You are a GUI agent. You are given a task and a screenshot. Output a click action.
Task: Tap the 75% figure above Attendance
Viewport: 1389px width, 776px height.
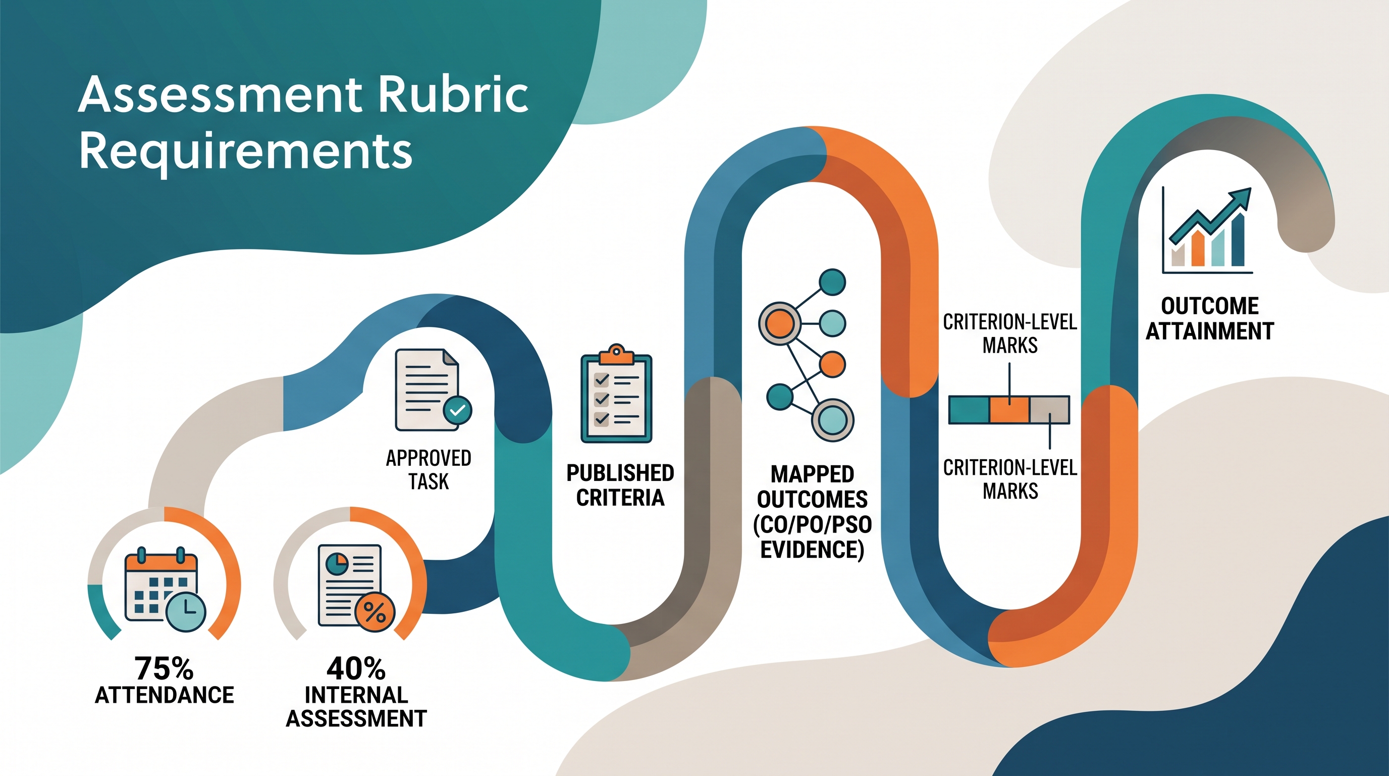(x=164, y=668)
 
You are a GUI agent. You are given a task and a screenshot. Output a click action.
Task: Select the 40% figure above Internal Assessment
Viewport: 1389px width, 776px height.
(x=356, y=668)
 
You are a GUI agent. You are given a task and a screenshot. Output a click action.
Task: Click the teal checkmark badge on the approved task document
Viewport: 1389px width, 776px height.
(x=457, y=410)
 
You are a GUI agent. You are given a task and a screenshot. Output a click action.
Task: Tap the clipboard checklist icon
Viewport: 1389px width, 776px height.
(x=616, y=394)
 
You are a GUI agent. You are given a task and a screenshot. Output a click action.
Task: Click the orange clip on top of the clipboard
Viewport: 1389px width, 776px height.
(x=616, y=354)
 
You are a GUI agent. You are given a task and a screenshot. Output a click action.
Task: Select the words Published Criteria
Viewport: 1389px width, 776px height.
(x=620, y=485)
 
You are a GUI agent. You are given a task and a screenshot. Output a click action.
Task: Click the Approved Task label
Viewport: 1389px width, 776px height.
(x=429, y=469)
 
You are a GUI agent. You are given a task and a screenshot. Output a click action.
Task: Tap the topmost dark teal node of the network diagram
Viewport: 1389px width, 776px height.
(x=832, y=282)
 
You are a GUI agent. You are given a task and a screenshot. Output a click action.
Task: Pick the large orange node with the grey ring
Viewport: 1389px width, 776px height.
(x=780, y=323)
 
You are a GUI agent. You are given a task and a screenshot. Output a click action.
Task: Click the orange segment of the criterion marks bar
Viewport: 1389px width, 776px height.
(x=1009, y=410)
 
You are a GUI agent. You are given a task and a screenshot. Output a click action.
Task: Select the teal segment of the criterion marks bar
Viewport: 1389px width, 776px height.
(x=969, y=410)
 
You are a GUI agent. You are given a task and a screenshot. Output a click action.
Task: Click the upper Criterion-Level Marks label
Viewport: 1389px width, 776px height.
(x=1010, y=333)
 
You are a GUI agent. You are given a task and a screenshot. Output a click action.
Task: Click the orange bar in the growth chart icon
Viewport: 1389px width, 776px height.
(x=1198, y=248)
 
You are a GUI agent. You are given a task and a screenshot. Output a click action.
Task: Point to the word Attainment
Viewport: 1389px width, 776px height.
(x=1210, y=331)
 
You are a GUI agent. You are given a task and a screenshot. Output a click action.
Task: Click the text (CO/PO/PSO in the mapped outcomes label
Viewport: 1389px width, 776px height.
(x=813, y=524)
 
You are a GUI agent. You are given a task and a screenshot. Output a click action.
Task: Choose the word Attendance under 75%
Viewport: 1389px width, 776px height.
(x=165, y=695)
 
